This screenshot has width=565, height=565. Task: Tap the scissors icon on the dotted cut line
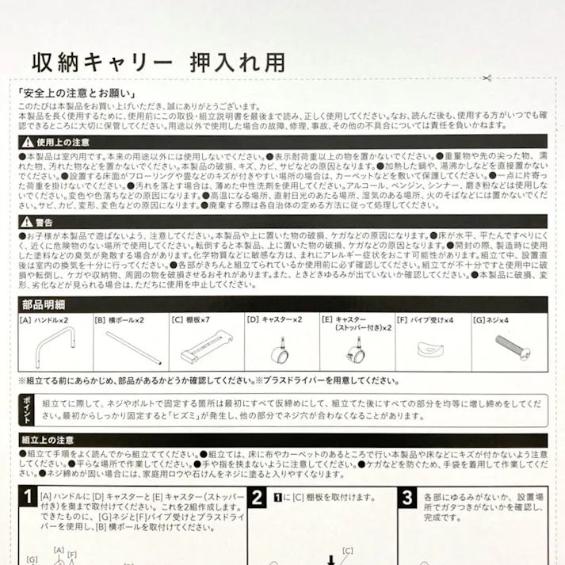click(x=485, y=78)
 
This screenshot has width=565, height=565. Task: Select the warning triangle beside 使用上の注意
click(x=26, y=141)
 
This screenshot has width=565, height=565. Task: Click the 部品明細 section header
click(x=44, y=303)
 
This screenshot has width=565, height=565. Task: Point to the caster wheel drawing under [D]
click(x=281, y=349)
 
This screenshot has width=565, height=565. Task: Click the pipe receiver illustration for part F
click(x=433, y=349)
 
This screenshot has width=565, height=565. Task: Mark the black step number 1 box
click(x=29, y=498)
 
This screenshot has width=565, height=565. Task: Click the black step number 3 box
click(x=406, y=498)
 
